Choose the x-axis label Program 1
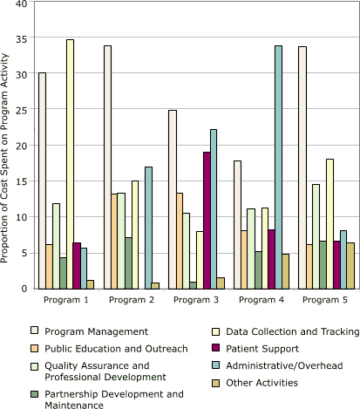click(x=67, y=299)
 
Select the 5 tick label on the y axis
click(x=24, y=253)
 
